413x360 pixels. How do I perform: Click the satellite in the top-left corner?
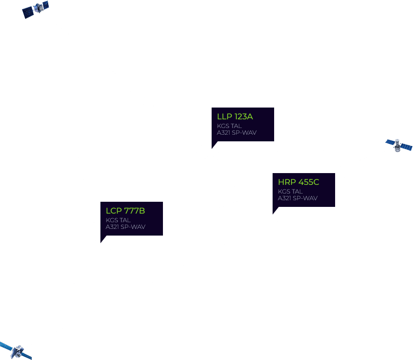point(35,9)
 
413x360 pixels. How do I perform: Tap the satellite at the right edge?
point(398,145)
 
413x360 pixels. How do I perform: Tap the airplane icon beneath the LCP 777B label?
point(102,246)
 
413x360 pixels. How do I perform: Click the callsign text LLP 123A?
point(235,117)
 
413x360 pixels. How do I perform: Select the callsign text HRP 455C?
point(298,182)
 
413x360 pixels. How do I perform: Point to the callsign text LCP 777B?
point(125,211)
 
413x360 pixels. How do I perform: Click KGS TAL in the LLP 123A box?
point(229,126)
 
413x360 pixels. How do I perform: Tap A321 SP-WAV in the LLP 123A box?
point(236,133)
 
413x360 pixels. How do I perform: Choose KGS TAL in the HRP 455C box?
point(290,192)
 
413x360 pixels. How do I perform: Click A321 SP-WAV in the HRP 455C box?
point(297,198)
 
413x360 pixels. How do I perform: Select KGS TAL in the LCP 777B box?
point(118,220)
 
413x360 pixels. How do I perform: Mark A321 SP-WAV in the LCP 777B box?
point(125,227)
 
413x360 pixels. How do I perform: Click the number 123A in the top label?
point(243,117)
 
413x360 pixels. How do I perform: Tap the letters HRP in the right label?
point(286,182)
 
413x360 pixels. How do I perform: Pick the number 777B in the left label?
point(134,211)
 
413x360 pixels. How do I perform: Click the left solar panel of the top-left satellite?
point(27,13)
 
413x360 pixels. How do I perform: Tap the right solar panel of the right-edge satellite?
point(406,147)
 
